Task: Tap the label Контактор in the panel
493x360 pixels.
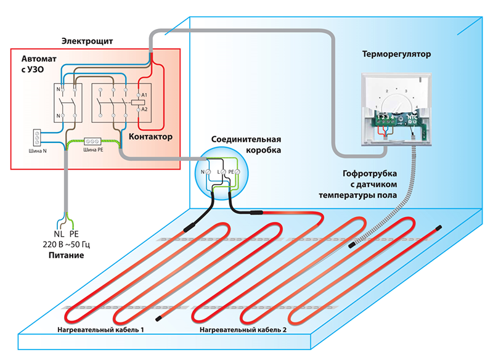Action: [x=151, y=136]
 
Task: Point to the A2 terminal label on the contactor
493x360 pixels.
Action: [x=144, y=108]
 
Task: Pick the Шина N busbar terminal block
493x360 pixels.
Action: [x=36, y=136]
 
